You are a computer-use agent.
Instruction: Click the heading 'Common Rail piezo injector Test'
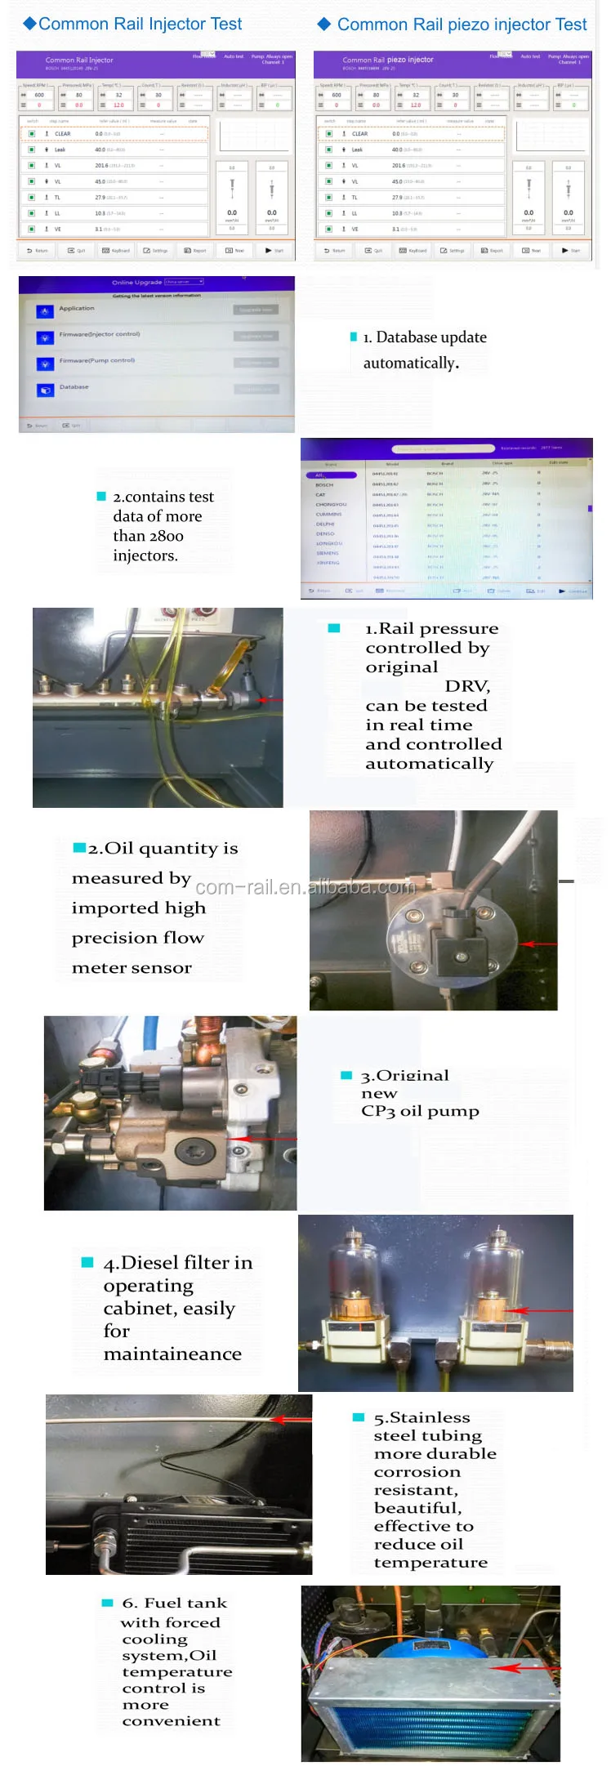pos(462,25)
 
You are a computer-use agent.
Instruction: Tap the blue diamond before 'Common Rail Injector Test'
pos(29,24)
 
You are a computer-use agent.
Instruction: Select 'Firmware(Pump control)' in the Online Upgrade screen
pos(96,360)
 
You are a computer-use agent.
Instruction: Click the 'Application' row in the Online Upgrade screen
pos(77,309)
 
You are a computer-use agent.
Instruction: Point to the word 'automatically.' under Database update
pos(411,364)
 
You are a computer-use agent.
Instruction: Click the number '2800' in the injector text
pos(166,536)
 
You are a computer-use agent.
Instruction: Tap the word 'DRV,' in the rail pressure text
pos(467,686)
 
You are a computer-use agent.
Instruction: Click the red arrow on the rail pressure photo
pos(270,700)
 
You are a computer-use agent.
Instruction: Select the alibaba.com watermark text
pos(305,887)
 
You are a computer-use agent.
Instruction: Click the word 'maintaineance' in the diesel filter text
pos(172,1354)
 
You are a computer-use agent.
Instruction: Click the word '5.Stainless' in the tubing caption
pos(421,1418)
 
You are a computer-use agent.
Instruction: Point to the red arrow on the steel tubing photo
pos(290,1419)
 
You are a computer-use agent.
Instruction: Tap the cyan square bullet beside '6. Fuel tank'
pos(107,1603)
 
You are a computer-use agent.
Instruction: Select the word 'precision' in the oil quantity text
pos(114,939)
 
